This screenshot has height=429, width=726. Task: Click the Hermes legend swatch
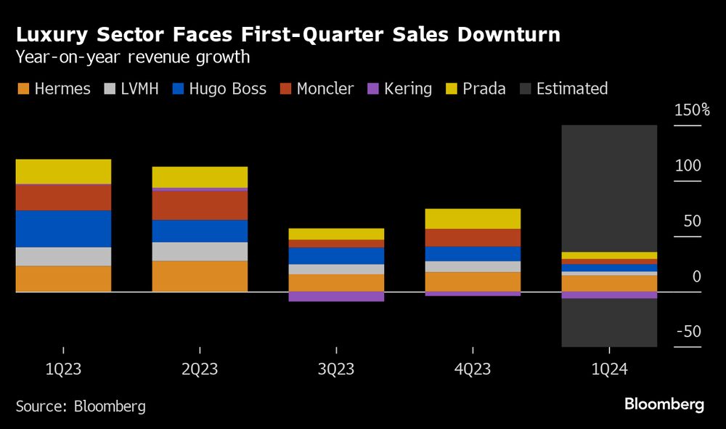coord(24,89)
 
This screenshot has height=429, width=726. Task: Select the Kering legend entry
coord(407,89)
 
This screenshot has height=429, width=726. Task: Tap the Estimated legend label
coord(571,89)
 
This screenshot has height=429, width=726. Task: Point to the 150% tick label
coord(692,110)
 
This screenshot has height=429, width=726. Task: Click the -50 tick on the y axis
coord(688,332)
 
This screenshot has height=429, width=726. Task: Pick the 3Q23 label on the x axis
coord(336,369)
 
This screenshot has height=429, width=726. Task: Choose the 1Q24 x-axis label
coord(609,369)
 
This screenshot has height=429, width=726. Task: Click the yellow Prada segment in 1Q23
coord(63,171)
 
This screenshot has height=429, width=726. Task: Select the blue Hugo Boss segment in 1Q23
coord(63,229)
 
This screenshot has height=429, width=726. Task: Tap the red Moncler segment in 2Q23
coord(200,205)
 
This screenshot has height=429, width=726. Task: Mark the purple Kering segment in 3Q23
coord(336,296)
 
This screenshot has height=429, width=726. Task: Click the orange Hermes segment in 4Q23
coord(473,282)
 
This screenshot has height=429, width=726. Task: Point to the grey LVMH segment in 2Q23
coord(200,251)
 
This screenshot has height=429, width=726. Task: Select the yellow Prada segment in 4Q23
coord(473,218)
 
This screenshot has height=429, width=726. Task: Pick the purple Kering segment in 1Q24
coord(609,295)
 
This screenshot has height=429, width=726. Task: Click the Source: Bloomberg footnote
coord(81,406)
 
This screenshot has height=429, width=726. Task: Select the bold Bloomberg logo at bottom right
coord(664,404)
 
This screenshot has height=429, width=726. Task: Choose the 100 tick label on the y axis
coord(688,166)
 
